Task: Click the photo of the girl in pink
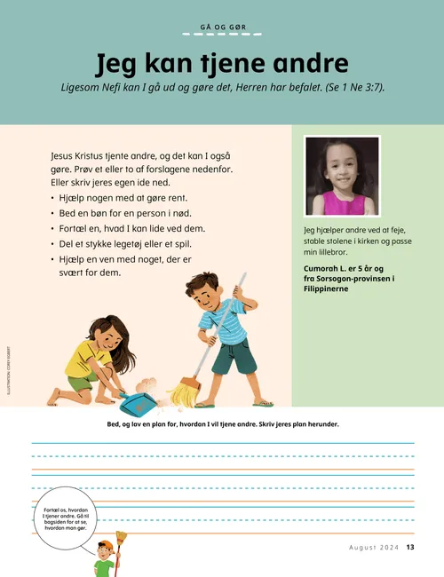click(342, 177)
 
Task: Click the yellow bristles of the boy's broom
click(184, 392)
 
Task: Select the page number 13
click(411, 547)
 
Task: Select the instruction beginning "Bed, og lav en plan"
click(222, 424)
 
